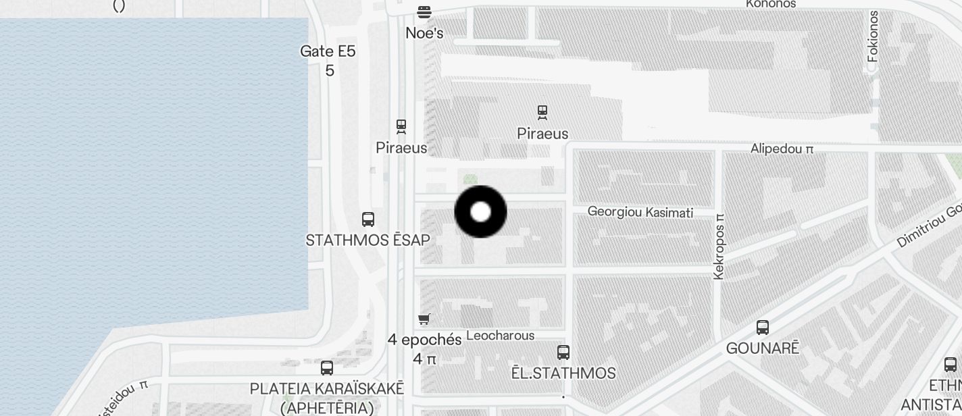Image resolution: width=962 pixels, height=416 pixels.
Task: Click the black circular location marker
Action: [x=480, y=212]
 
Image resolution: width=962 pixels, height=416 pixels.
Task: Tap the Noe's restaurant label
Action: [x=424, y=32]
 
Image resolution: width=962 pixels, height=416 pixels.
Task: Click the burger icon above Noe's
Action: [x=424, y=11]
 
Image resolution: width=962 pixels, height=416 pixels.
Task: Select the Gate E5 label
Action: [x=328, y=51]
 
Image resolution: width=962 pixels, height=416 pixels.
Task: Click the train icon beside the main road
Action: [x=401, y=126]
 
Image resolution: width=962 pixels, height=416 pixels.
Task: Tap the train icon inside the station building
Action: [x=542, y=112]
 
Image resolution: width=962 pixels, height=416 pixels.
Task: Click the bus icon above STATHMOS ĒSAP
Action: [x=368, y=219]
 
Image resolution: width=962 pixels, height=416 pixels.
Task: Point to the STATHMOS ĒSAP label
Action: [x=368, y=240]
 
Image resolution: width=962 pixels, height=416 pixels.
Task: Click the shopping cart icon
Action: [x=424, y=319]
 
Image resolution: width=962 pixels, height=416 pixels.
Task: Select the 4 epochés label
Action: [x=424, y=340]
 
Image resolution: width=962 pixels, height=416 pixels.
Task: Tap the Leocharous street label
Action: [x=501, y=336]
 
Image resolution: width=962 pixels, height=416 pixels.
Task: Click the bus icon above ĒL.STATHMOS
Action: [x=563, y=352]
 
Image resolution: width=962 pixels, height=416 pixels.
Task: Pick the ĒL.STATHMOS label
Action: [x=563, y=373]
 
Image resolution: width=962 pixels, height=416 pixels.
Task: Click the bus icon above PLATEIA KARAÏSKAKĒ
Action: [x=327, y=368]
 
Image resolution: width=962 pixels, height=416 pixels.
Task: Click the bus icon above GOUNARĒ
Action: [x=763, y=328]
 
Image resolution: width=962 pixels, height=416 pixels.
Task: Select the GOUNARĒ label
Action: [x=763, y=348]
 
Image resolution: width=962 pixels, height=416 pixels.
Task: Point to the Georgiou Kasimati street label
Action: [x=640, y=213]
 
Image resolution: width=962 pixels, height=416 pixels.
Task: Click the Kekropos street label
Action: [x=719, y=246]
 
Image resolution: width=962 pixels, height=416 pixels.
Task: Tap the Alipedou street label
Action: [x=782, y=149]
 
